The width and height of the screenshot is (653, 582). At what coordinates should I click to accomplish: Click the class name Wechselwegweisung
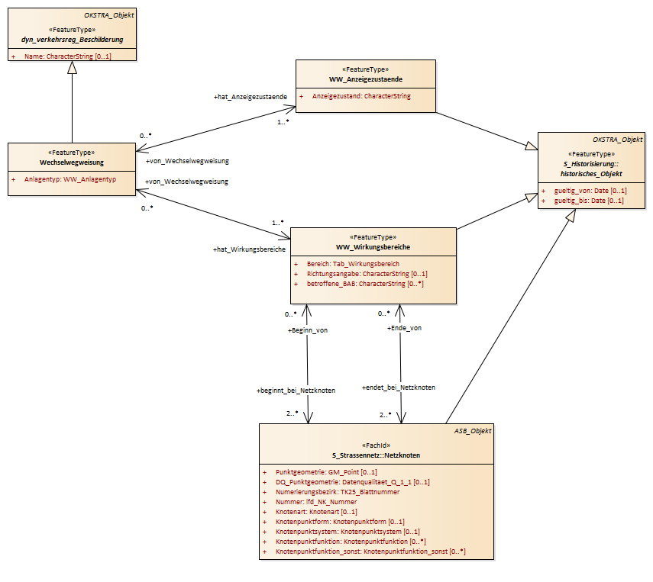(x=72, y=162)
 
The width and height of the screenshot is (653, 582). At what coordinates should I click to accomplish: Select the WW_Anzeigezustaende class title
(x=366, y=79)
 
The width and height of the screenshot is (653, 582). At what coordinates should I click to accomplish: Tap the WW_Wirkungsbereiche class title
(x=373, y=247)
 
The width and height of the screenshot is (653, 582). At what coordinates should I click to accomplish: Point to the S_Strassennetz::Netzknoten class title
(x=376, y=455)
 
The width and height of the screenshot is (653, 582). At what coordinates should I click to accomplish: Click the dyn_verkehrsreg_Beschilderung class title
(x=72, y=40)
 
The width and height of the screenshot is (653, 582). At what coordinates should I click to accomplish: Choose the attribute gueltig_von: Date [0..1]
(x=590, y=191)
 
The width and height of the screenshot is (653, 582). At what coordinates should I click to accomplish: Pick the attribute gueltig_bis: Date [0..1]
(x=589, y=201)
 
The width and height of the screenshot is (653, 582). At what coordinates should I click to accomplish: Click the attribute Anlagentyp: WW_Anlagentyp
(x=70, y=180)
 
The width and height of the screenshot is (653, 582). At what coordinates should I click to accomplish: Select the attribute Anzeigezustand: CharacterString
(x=361, y=96)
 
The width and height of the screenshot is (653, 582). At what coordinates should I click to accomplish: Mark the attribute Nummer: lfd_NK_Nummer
(x=316, y=502)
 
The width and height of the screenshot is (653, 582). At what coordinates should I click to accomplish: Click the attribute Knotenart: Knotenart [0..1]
(x=316, y=512)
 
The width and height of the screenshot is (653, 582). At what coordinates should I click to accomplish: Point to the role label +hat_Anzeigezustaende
(x=251, y=97)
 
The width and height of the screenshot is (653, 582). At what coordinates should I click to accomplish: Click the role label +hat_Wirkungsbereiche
(x=249, y=249)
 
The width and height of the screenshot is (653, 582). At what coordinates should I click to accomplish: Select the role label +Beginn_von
(x=307, y=330)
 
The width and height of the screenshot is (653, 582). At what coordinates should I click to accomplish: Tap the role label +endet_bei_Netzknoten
(x=399, y=387)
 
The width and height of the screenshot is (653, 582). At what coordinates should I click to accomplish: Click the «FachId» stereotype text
(x=377, y=445)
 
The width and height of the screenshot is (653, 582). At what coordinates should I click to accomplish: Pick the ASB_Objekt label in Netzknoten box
(x=473, y=431)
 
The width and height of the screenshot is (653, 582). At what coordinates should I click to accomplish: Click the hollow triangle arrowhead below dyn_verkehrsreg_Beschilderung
(x=72, y=67)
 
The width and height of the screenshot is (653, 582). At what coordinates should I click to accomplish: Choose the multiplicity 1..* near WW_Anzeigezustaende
(x=283, y=122)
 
